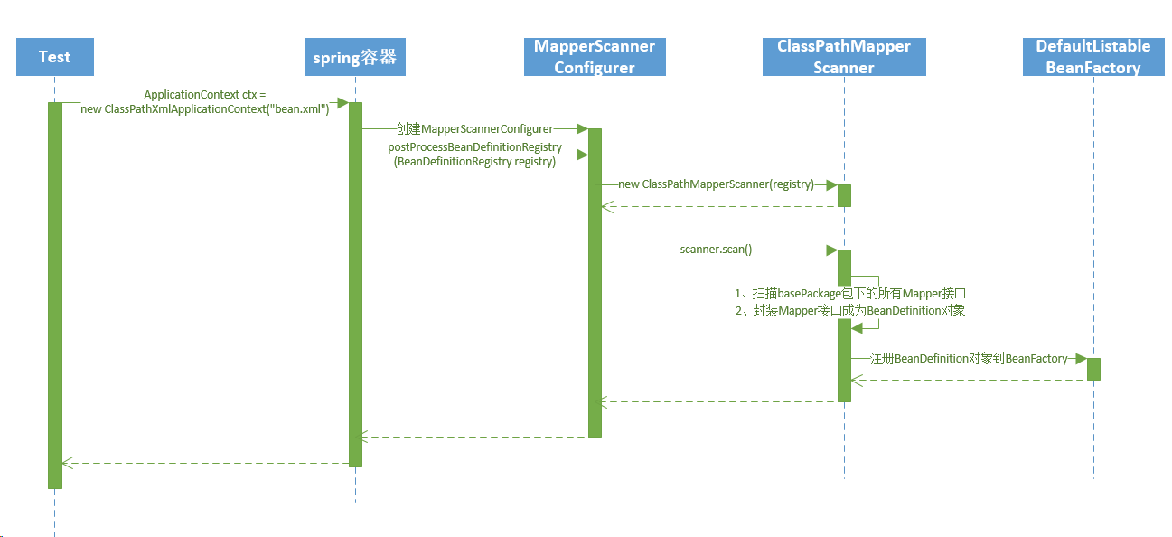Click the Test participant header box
click(54, 57)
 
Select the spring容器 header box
click(355, 58)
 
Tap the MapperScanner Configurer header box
click(595, 57)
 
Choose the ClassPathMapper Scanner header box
click(844, 57)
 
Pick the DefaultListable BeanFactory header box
click(1093, 57)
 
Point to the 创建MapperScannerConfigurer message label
click(473, 129)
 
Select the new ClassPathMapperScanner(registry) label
click(716, 184)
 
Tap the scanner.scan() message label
click(716, 250)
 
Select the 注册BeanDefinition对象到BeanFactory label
click(968, 359)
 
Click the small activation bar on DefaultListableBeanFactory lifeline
click(1093, 369)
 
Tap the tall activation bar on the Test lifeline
click(55, 295)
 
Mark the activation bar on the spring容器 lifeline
click(355, 284)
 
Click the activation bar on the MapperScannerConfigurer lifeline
click(595, 282)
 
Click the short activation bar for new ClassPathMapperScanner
click(844, 195)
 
